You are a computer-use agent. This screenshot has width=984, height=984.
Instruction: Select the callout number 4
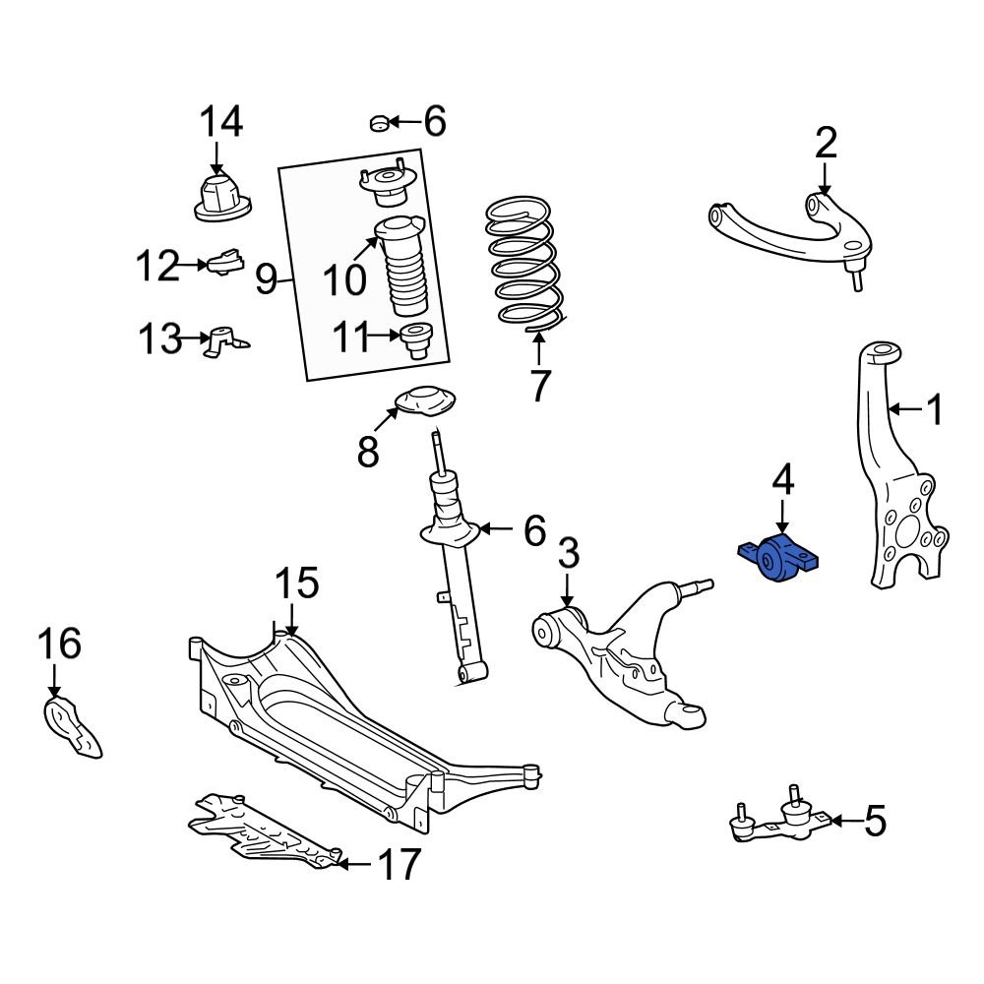(781, 481)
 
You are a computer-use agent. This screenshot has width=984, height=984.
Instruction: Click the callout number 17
(399, 865)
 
